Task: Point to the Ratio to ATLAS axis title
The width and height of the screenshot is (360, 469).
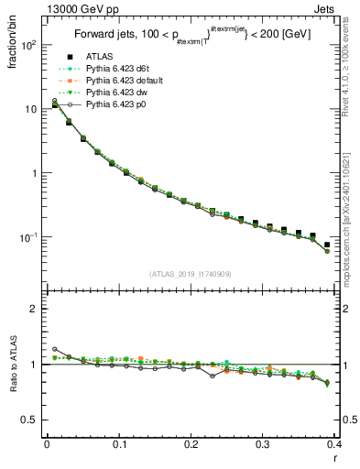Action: click(13, 366)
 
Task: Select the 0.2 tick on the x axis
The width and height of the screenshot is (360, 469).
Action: click(191, 443)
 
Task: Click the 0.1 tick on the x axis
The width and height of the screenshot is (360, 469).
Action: click(119, 443)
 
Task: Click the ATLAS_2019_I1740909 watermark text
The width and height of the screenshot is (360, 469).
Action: click(191, 273)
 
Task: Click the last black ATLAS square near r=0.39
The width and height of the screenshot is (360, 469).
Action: click(327, 245)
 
